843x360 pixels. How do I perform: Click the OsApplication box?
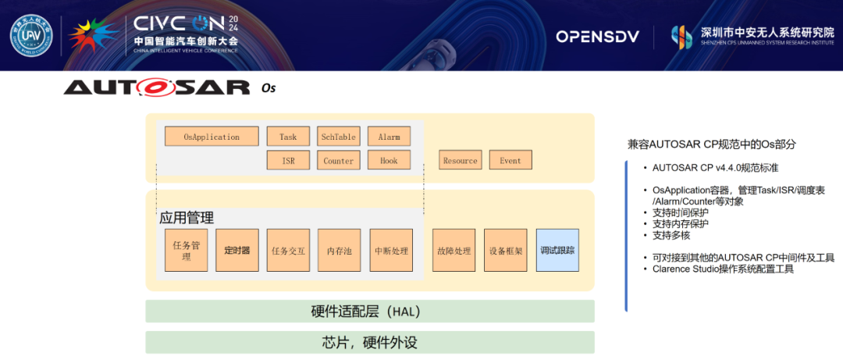click(x=212, y=137)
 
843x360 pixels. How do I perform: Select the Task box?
click(x=288, y=137)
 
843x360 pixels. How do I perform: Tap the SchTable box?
click(x=338, y=137)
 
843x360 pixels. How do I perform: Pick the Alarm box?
click(x=389, y=137)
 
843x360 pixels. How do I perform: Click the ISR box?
click(x=288, y=161)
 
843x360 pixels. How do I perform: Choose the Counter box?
click(x=338, y=161)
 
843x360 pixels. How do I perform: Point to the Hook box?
click(x=389, y=161)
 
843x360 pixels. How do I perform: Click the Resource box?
click(x=460, y=161)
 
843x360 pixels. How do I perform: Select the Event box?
click(x=510, y=161)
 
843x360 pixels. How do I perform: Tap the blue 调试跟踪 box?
click(x=557, y=251)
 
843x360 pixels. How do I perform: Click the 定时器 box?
click(x=237, y=251)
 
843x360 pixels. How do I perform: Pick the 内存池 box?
click(x=339, y=251)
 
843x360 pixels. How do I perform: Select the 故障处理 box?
click(x=454, y=251)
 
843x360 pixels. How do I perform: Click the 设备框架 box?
click(x=506, y=251)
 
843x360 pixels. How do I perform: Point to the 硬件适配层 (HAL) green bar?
click(x=370, y=312)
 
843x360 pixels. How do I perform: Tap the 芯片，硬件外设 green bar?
click(x=370, y=343)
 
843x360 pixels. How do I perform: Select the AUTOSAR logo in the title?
click(x=157, y=87)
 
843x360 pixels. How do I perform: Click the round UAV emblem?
click(x=31, y=37)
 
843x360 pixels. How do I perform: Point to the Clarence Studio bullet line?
click(x=723, y=269)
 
